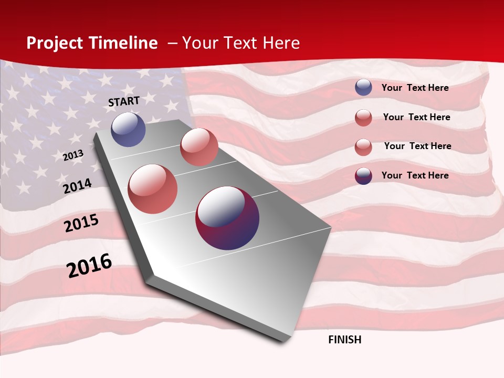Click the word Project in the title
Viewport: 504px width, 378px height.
(x=54, y=44)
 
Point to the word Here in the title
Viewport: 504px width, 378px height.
(x=281, y=43)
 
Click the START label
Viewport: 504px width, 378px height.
(x=124, y=101)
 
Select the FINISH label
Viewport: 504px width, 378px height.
(x=345, y=340)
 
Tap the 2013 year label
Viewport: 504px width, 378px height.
(x=73, y=155)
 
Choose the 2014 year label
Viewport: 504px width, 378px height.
(x=78, y=186)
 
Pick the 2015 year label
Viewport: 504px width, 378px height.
(x=81, y=223)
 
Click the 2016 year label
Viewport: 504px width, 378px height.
(x=89, y=265)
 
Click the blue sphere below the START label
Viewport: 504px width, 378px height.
(x=128, y=129)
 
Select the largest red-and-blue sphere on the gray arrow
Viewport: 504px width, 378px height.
(x=227, y=218)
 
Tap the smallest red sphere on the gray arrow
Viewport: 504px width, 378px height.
(x=199, y=147)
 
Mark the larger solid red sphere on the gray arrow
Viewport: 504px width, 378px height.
(x=153, y=189)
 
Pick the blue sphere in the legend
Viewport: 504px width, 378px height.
(x=363, y=88)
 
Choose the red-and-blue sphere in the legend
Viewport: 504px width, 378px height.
(x=363, y=176)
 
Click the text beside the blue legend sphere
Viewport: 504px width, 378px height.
(x=415, y=88)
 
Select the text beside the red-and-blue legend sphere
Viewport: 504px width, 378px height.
(x=415, y=175)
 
